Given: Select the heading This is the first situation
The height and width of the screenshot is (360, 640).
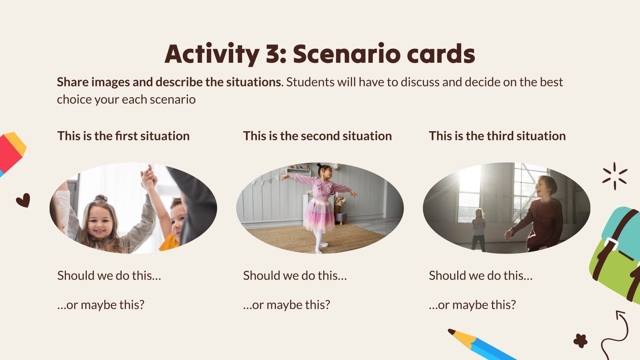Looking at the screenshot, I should pyautogui.click(x=123, y=136).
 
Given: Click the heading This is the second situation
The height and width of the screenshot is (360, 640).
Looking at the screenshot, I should pyautogui.click(x=317, y=136).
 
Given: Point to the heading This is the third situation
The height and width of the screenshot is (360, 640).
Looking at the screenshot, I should pyautogui.click(x=497, y=136).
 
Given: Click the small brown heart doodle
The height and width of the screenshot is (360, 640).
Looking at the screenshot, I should pyautogui.click(x=23, y=200).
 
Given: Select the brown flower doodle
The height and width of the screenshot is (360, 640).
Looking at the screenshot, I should pyautogui.click(x=580, y=341).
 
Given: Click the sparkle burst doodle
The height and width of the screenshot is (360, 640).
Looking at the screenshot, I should pyautogui.click(x=615, y=176).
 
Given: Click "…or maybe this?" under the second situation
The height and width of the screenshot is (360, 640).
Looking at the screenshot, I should pyautogui.click(x=286, y=305).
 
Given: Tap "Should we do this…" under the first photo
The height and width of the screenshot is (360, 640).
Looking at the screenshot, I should pyautogui.click(x=109, y=276).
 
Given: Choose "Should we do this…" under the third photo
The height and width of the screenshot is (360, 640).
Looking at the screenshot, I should pyautogui.click(x=480, y=276).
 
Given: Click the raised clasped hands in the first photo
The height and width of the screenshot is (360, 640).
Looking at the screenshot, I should pyautogui.click(x=148, y=176).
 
